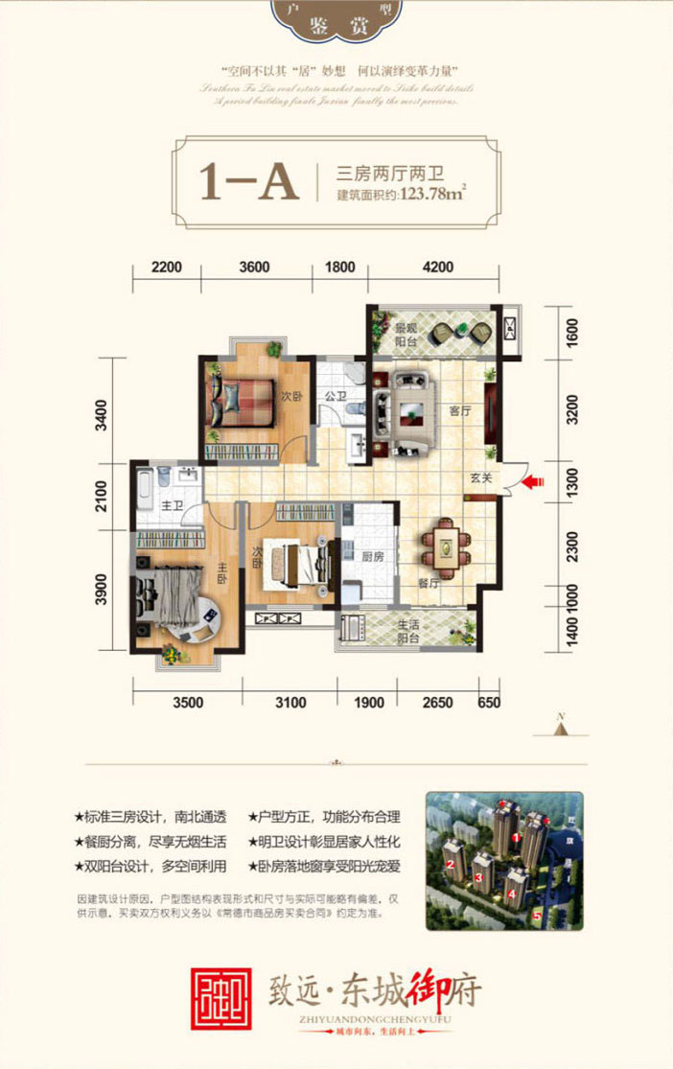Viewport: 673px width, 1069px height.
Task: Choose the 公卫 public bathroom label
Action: pyautogui.click(x=335, y=395)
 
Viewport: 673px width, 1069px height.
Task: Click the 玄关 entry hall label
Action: pyautogui.click(x=480, y=475)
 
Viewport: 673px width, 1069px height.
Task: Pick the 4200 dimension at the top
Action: pyautogui.click(x=437, y=267)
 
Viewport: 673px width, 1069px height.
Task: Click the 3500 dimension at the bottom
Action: pyautogui.click(x=188, y=703)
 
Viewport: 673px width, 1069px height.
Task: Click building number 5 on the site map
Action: pyautogui.click(x=537, y=915)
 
